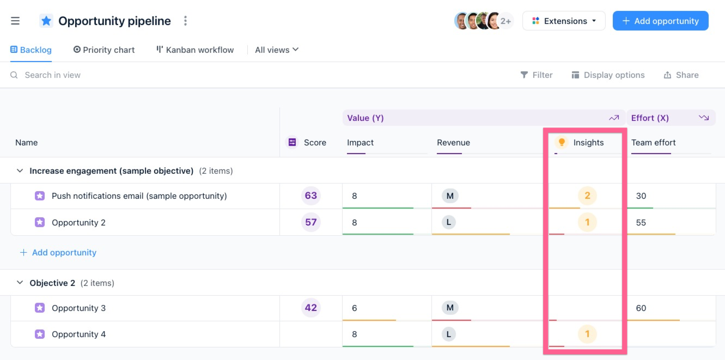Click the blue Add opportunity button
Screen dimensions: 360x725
[x=660, y=21]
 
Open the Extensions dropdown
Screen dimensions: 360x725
[x=564, y=21]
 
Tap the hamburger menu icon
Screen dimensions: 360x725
[x=15, y=21]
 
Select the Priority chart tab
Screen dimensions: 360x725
[x=104, y=50]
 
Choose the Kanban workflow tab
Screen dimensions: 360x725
[x=195, y=50]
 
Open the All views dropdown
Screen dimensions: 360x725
[x=277, y=50]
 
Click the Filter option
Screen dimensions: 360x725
[x=537, y=75]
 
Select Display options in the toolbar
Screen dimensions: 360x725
[x=608, y=75]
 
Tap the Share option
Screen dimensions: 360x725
[x=681, y=75]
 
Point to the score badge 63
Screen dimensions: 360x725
[x=311, y=196]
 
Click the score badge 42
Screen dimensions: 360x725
[x=311, y=308]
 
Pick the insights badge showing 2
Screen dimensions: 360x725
[x=587, y=196]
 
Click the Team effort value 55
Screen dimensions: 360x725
[x=641, y=222]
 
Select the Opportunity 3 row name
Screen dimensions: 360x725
[x=78, y=308]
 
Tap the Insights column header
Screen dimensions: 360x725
[x=588, y=143]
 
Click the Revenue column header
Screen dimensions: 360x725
[x=453, y=143]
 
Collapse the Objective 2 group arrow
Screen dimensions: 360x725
[x=20, y=283]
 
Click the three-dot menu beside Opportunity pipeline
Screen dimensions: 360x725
[x=186, y=21]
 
